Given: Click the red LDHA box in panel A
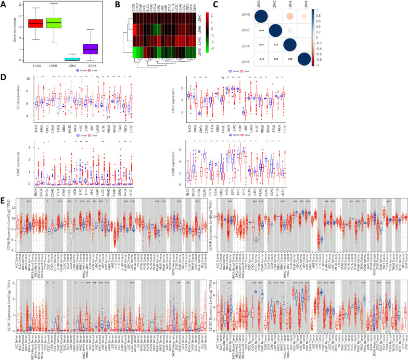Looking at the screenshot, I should coord(35,24).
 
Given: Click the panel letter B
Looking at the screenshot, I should coord(120,5).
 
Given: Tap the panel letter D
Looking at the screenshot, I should coord(4,79).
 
